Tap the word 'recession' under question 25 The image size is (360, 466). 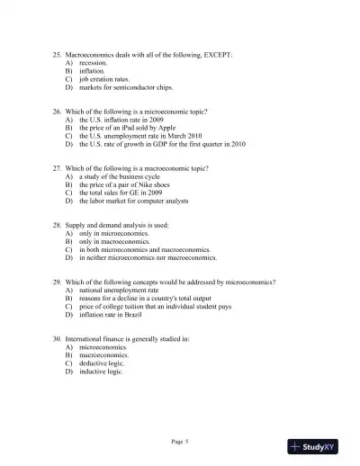coord(94,64)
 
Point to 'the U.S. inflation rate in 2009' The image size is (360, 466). coord(123,119)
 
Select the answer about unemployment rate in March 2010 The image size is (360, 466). coord(142,136)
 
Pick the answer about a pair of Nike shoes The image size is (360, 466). coord(123,184)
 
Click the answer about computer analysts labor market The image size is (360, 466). coord(137,200)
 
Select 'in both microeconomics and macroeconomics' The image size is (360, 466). coord(144,248)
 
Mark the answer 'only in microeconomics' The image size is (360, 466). coord(115,232)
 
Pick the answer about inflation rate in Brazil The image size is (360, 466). coord(113,315)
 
